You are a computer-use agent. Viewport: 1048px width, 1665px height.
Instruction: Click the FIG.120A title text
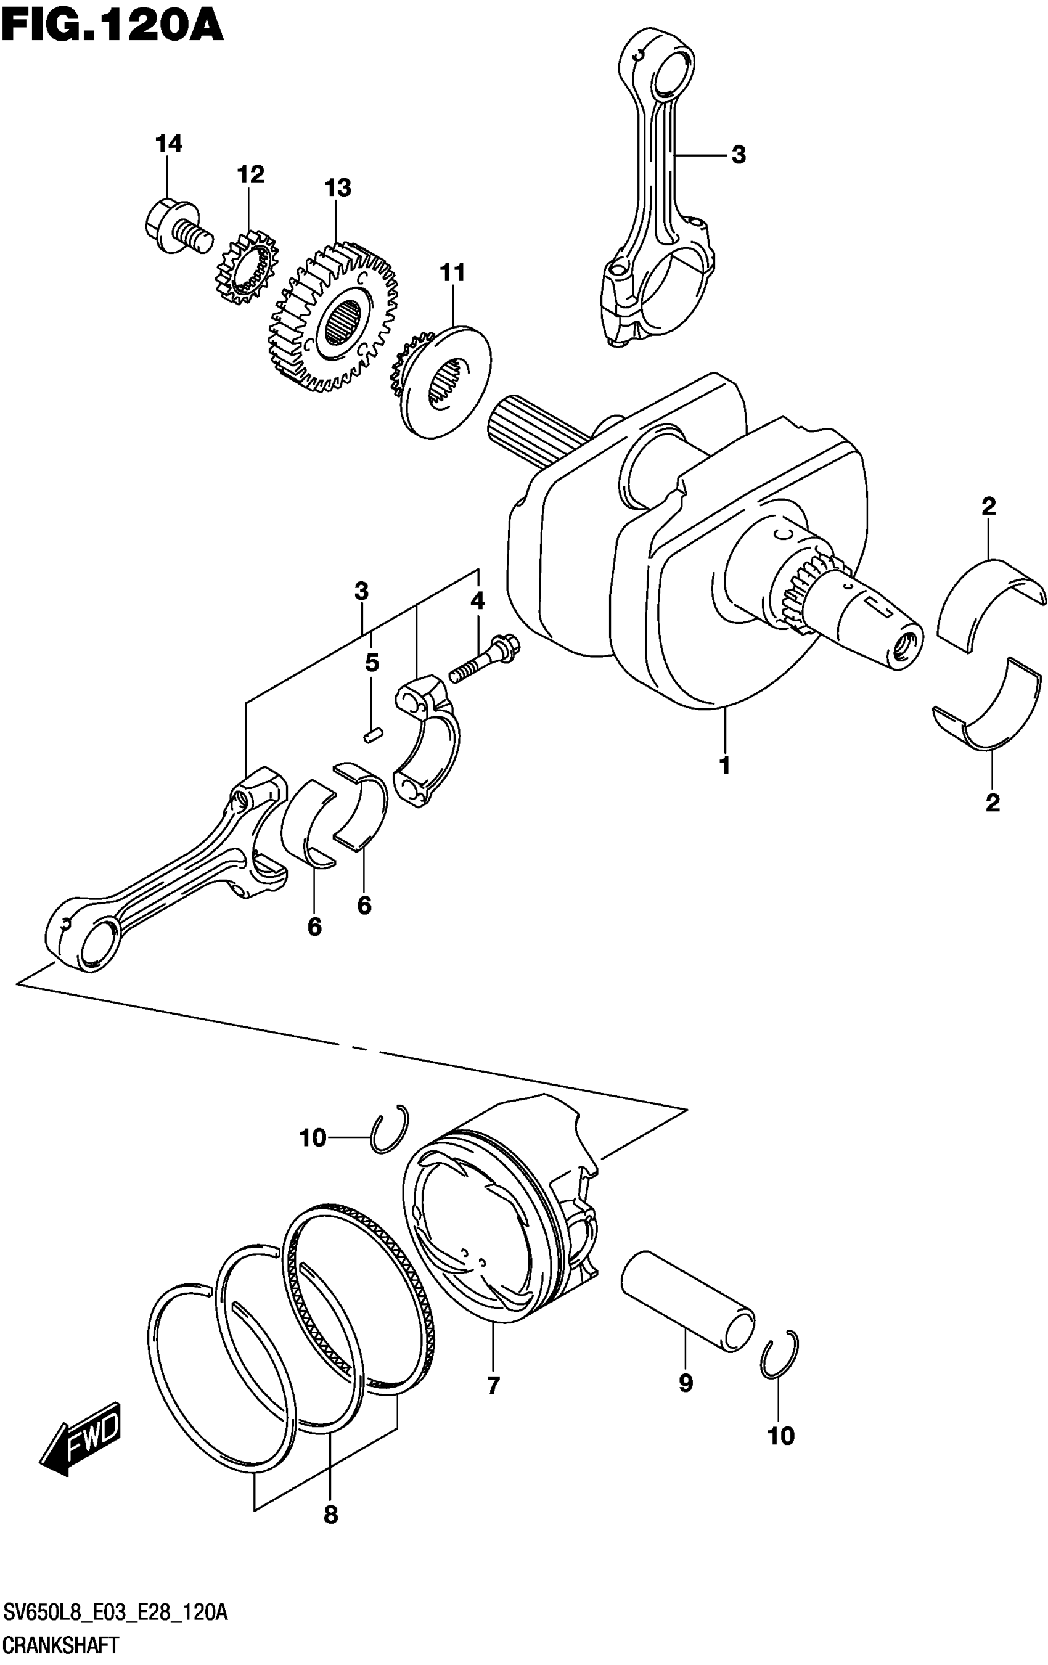click(112, 27)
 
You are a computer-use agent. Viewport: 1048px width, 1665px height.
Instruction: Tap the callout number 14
click(169, 144)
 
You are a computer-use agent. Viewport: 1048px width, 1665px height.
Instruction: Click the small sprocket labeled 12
click(247, 269)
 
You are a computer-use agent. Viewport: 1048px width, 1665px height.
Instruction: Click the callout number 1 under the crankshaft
click(724, 766)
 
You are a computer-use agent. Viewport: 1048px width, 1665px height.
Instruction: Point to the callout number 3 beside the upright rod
click(739, 155)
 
